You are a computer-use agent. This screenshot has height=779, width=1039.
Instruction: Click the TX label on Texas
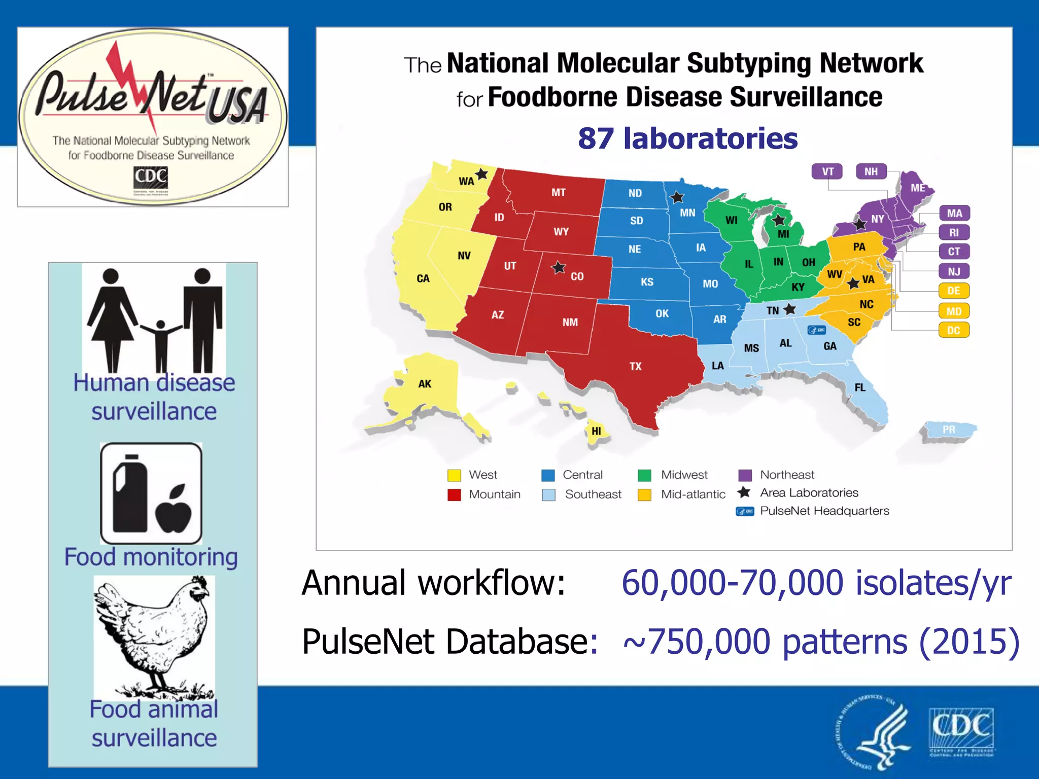click(x=635, y=366)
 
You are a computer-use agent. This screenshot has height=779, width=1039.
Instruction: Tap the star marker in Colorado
click(x=559, y=267)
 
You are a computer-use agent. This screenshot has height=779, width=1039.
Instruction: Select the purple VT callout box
click(x=827, y=171)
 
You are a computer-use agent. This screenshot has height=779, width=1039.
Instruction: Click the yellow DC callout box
click(x=954, y=330)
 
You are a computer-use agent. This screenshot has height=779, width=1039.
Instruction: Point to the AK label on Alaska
click(x=425, y=384)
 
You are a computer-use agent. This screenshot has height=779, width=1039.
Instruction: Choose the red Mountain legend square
click(x=454, y=494)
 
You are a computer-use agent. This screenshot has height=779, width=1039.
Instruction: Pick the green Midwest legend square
click(x=644, y=475)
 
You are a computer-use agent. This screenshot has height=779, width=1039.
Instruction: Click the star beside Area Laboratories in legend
click(x=744, y=492)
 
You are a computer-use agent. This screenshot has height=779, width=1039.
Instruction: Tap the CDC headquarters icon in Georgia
click(x=817, y=330)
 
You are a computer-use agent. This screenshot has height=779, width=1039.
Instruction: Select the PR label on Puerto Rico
click(x=949, y=430)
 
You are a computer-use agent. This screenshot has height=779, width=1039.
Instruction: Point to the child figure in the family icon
click(x=161, y=345)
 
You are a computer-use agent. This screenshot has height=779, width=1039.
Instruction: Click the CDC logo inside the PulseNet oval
click(x=151, y=179)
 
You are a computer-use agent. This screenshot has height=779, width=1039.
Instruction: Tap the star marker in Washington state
click(x=481, y=174)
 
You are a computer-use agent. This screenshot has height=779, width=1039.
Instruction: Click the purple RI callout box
click(x=954, y=232)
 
